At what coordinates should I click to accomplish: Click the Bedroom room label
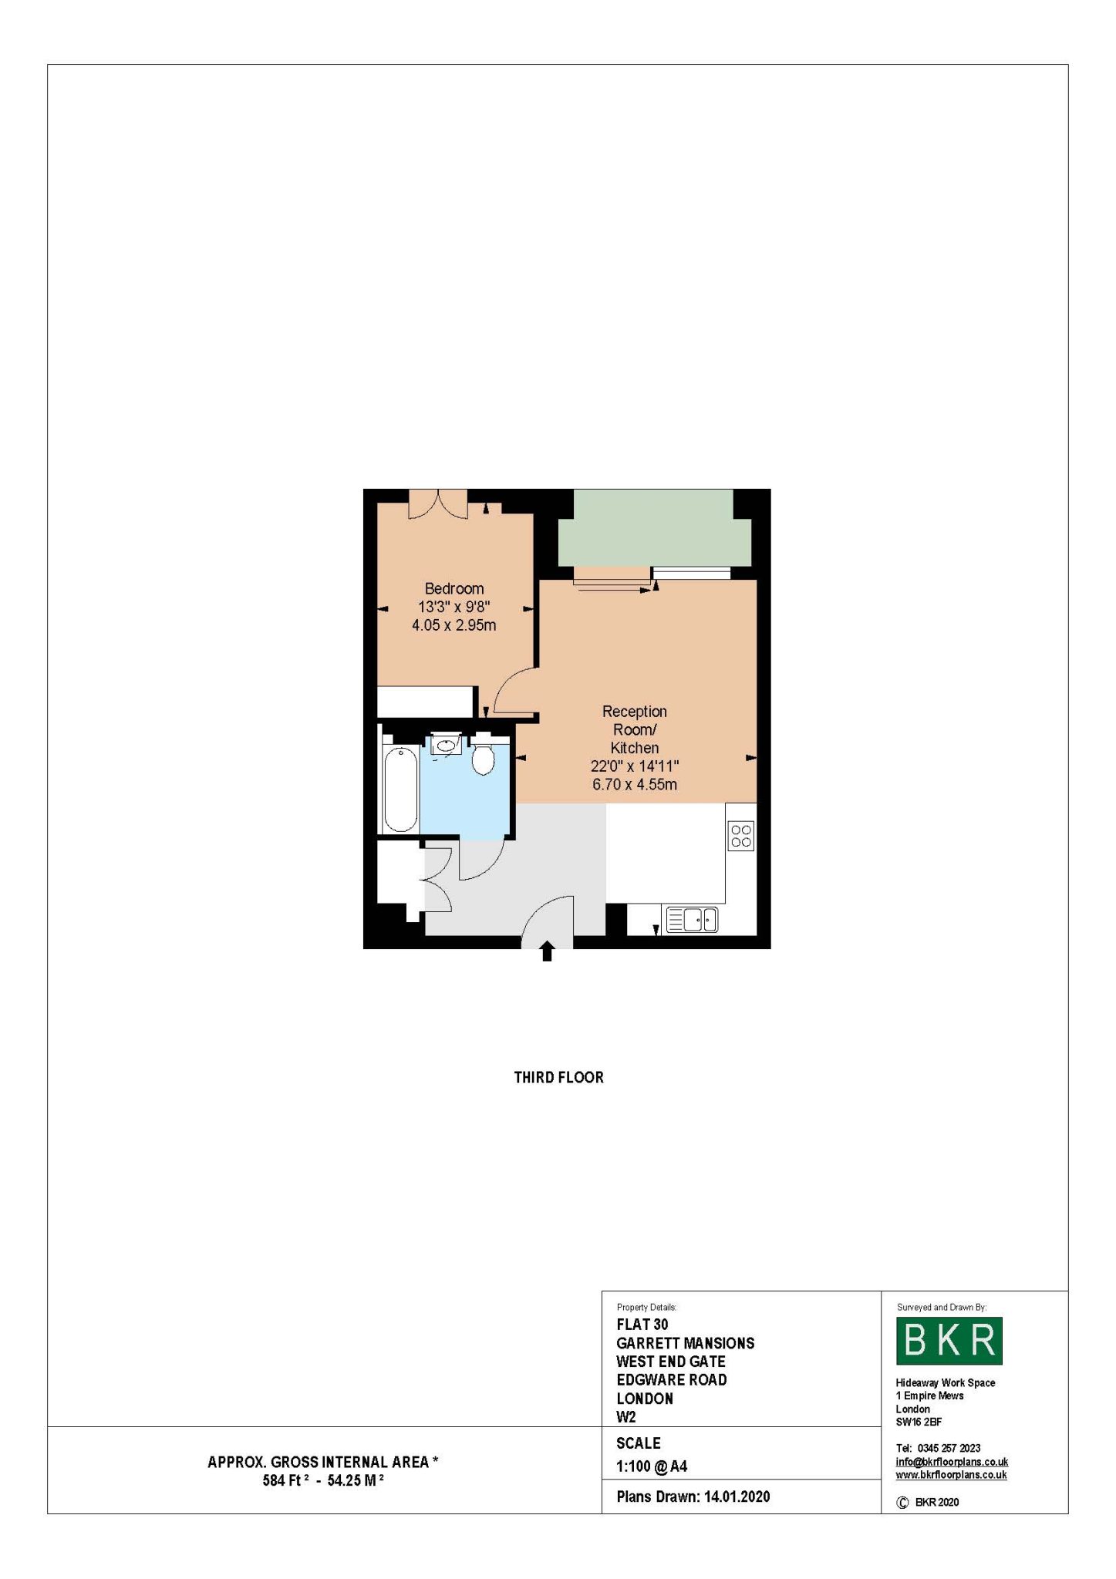[x=454, y=589]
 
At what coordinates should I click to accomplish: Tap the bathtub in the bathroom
[x=400, y=789]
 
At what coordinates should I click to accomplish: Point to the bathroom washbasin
[x=447, y=745]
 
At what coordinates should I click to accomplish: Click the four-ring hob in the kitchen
[x=741, y=837]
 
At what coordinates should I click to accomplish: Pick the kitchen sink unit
[x=691, y=920]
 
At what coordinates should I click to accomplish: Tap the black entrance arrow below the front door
[x=547, y=951]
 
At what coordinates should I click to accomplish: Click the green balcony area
[x=654, y=529]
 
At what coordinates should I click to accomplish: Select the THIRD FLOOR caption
[x=559, y=1077]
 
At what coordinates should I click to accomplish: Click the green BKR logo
[x=949, y=1341]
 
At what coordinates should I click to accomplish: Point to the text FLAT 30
[x=642, y=1325]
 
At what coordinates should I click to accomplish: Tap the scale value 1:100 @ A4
[x=652, y=1466]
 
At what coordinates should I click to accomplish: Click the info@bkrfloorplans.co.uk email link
[x=952, y=1462]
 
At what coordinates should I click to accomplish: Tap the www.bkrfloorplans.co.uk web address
[x=951, y=1475]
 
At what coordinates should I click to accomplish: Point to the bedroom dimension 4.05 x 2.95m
[x=454, y=625]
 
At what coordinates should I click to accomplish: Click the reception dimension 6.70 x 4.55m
[x=635, y=785]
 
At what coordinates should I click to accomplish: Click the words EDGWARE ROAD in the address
[x=672, y=1380]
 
